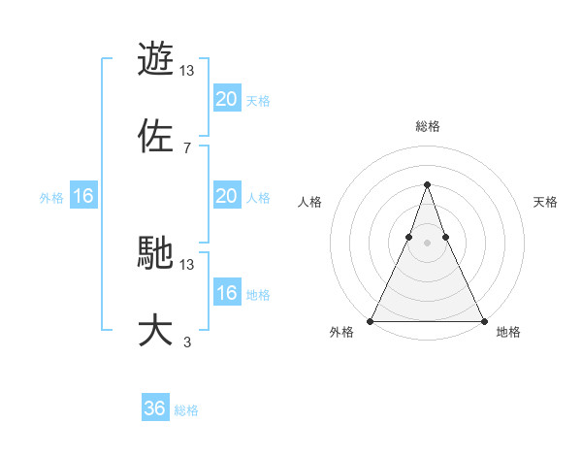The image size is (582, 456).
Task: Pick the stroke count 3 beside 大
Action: tap(186, 342)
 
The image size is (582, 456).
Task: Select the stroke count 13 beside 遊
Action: tap(187, 71)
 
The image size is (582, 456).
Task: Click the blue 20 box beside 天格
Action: tap(226, 99)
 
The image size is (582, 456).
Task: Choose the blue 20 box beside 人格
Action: tap(226, 196)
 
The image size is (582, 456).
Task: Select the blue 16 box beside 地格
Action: tap(226, 293)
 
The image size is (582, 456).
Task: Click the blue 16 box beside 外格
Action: tap(83, 196)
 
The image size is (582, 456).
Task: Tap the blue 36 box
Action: tap(155, 408)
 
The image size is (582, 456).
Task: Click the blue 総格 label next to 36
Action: tap(186, 410)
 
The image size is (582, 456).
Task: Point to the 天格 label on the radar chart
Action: tap(545, 202)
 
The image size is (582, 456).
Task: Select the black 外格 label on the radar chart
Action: tap(341, 333)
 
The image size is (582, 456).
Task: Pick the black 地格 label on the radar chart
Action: tap(508, 333)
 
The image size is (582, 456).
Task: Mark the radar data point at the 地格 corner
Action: tap(483, 320)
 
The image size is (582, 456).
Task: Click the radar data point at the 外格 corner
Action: tap(371, 320)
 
